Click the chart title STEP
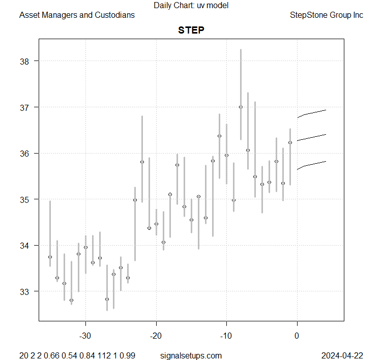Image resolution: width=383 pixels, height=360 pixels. (x=191, y=30)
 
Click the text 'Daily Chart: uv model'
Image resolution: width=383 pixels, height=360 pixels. (x=191, y=5)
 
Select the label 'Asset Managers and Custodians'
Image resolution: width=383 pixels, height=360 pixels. (x=77, y=15)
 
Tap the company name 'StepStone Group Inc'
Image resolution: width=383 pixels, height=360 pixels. (x=326, y=15)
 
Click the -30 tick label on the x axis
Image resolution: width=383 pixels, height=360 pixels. (x=85, y=336)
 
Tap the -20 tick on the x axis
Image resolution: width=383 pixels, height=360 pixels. (x=156, y=336)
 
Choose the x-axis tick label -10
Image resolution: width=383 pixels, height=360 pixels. (x=226, y=336)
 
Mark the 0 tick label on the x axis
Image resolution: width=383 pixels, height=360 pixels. (x=297, y=336)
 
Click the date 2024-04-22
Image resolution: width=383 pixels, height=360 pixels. (x=342, y=354)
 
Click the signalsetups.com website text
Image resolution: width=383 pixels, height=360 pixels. (x=191, y=354)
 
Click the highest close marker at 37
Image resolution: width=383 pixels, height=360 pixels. (x=241, y=107)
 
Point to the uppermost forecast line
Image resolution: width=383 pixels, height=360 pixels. (x=311, y=113)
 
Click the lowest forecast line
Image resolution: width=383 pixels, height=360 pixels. (x=311, y=165)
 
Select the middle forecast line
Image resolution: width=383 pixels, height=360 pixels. (x=311, y=137)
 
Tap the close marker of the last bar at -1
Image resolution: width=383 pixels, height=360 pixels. (x=290, y=142)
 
